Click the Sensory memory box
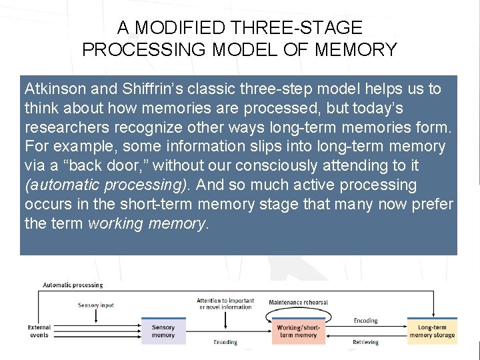click(163, 331)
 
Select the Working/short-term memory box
click(297, 331)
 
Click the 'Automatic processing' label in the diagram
click(73, 285)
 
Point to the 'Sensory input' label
click(96, 305)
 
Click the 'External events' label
click(39, 331)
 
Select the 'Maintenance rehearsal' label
click(298, 302)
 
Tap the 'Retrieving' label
click(365, 343)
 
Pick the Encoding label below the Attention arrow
click(225, 343)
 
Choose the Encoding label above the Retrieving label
click(365, 321)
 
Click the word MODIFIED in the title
click(172, 28)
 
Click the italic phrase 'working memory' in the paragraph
click(149, 223)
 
